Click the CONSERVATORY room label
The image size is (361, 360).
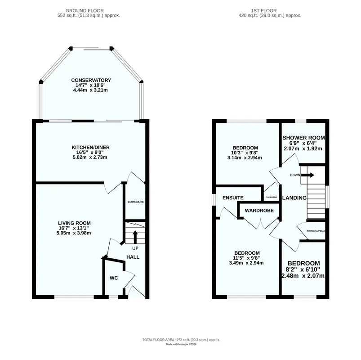click(91, 80)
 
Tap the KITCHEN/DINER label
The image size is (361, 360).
click(90, 148)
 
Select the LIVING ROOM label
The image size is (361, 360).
click(74, 223)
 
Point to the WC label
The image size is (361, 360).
click(114, 278)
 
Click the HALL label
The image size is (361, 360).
click(133, 257)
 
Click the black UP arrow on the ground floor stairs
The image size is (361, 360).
click(135, 237)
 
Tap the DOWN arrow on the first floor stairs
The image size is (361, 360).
click(308, 175)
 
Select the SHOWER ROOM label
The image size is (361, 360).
click(303, 138)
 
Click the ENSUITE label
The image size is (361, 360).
click(233, 198)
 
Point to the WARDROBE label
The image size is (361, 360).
click(259, 211)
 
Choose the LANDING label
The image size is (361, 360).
click(294, 198)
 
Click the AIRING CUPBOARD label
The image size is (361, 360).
click(316, 231)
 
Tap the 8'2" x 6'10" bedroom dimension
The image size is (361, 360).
click(303, 270)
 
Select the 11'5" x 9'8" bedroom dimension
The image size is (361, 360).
click(247, 258)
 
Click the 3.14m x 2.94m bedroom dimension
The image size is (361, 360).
click(245, 158)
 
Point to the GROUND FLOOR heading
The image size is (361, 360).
click(85, 11)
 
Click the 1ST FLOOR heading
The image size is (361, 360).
click(264, 11)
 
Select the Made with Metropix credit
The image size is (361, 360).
click(181, 344)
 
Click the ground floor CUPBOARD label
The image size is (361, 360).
click(136, 202)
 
